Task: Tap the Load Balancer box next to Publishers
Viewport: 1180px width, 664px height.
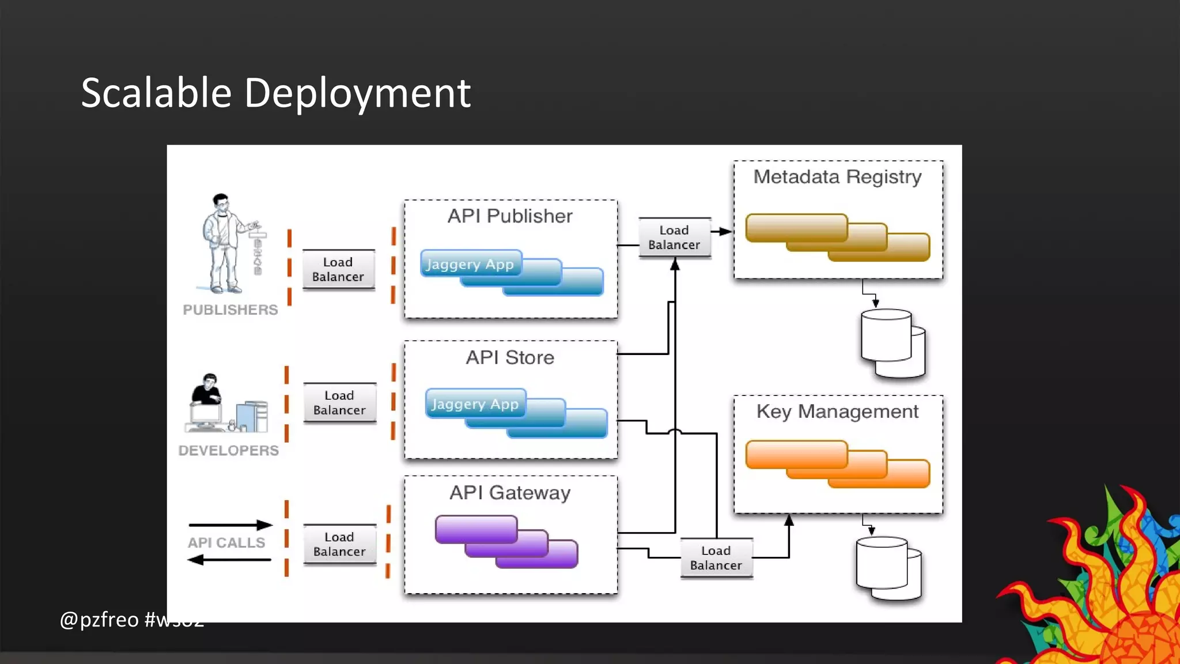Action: pos(338,269)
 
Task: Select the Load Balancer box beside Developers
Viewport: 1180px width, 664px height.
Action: pos(339,402)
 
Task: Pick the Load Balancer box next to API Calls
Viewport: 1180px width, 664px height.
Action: pos(339,544)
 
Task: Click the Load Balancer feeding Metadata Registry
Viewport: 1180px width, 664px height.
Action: pos(674,237)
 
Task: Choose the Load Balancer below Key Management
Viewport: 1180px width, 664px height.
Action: pos(716,558)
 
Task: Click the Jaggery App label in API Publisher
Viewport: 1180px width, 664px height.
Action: pos(470,265)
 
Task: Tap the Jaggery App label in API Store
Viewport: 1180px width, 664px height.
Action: pos(475,404)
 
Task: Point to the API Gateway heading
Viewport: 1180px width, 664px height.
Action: pos(510,493)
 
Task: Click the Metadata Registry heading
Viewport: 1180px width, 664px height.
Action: pos(837,176)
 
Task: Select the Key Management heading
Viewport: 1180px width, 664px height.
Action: pos(837,412)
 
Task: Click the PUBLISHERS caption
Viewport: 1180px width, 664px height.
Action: pos(230,310)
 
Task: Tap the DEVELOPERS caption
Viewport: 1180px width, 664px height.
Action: pos(228,451)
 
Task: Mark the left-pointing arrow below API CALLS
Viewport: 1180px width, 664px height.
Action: pos(229,560)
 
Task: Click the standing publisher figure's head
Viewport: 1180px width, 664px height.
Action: pos(221,202)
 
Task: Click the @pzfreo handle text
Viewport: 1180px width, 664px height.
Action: pos(99,620)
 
